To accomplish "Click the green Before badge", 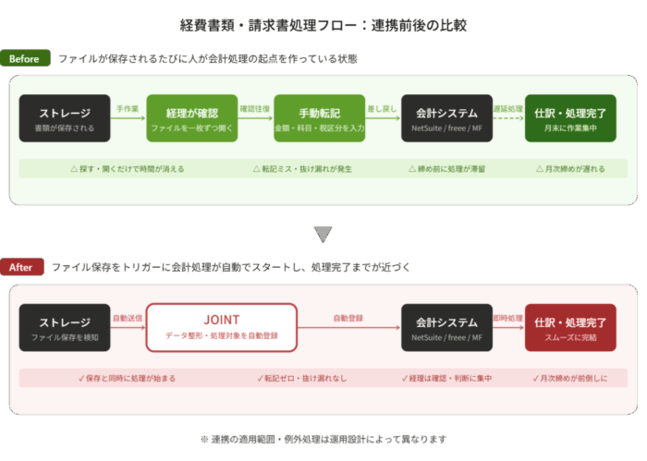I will point(25,59).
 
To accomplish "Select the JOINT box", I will point(221,327).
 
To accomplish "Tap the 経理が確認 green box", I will point(191,119).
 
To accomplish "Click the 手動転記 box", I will point(319,119).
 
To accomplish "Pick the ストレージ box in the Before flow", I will point(65,119).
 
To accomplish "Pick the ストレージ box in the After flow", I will point(65,327).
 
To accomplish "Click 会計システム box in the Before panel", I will point(446,119).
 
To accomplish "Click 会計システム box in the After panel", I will point(446,327).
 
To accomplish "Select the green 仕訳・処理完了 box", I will point(570,119).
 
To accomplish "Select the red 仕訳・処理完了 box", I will point(570,327).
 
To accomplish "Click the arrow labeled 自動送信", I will point(128,327).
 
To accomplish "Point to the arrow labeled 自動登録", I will point(348,327).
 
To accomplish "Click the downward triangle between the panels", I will point(323,234).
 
